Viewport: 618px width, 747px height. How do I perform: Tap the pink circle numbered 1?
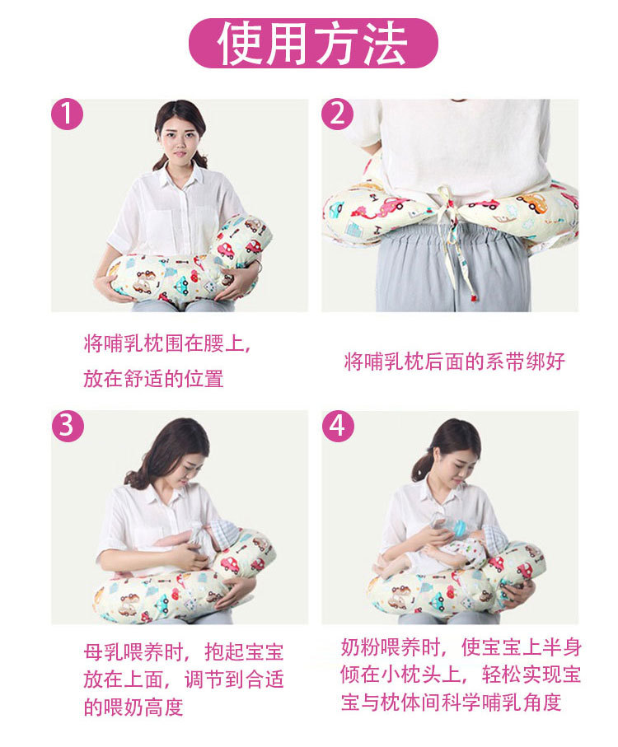[68, 114]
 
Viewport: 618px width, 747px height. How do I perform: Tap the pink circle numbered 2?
[337, 114]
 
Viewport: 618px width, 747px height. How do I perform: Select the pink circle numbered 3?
[68, 426]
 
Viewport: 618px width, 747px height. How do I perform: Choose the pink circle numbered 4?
[337, 426]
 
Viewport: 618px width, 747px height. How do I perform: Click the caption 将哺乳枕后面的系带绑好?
[454, 361]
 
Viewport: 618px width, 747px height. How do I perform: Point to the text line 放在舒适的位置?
[153, 379]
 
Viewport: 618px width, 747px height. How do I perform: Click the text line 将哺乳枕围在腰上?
[166, 343]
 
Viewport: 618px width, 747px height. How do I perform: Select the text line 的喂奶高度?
[133, 707]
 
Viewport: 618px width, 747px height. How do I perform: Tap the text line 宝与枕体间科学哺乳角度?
[451, 703]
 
